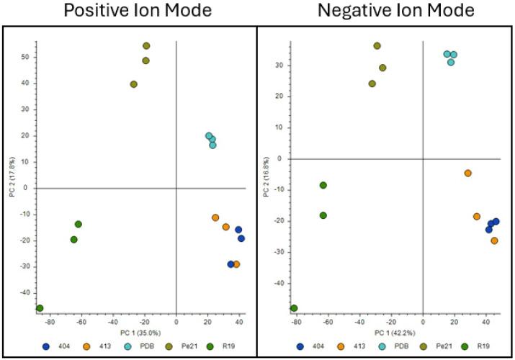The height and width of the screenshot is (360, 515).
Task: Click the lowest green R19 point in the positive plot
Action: pyautogui.click(x=40, y=308)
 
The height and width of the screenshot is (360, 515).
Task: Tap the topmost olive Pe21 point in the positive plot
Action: pyautogui.click(x=146, y=46)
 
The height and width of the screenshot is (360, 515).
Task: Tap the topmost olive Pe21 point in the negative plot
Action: pyautogui.click(x=377, y=46)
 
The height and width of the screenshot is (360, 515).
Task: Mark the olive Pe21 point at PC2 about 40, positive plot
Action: pyautogui.click(x=134, y=84)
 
